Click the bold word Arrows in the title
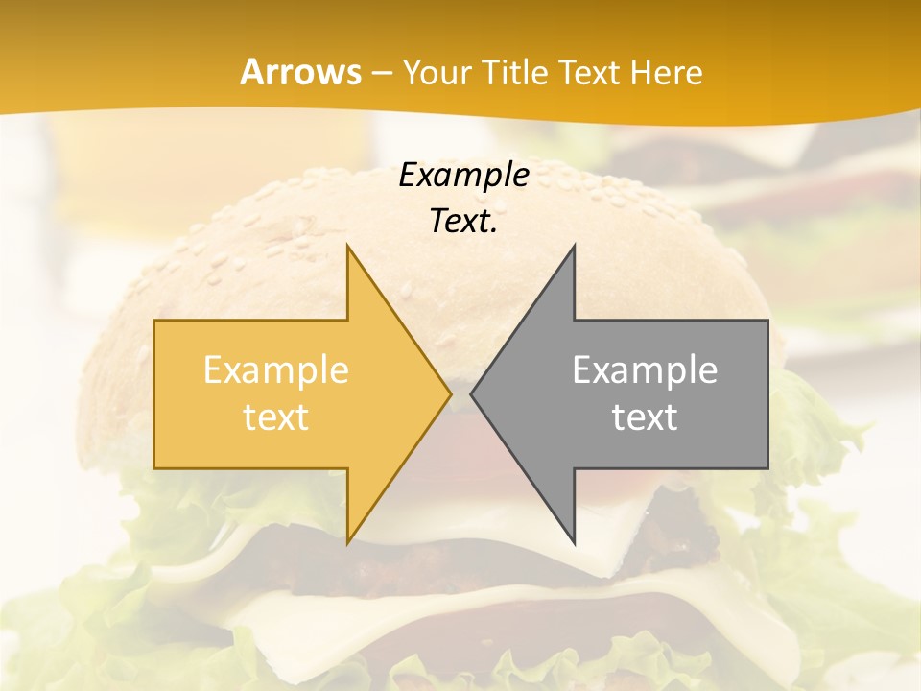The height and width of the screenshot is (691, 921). click(300, 72)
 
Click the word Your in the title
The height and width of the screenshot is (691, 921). click(438, 74)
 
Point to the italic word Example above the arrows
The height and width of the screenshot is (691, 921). click(463, 176)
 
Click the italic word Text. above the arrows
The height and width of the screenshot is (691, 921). click(463, 222)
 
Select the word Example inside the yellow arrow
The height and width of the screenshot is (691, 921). click(276, 370)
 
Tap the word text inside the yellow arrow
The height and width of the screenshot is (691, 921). click(276, 417)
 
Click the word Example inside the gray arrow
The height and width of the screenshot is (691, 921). click(645, 370)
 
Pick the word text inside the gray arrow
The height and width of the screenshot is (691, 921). click(645, 417)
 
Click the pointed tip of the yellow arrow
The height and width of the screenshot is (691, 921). click(450, 393)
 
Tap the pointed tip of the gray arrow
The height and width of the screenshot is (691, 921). click(472, 393)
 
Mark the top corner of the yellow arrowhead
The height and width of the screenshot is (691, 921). click(347, 247)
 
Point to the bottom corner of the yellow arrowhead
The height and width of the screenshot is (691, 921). click(347, 542)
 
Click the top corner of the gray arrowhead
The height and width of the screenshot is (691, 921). click(574, 247)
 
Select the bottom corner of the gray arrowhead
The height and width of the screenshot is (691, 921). click(574, 542)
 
